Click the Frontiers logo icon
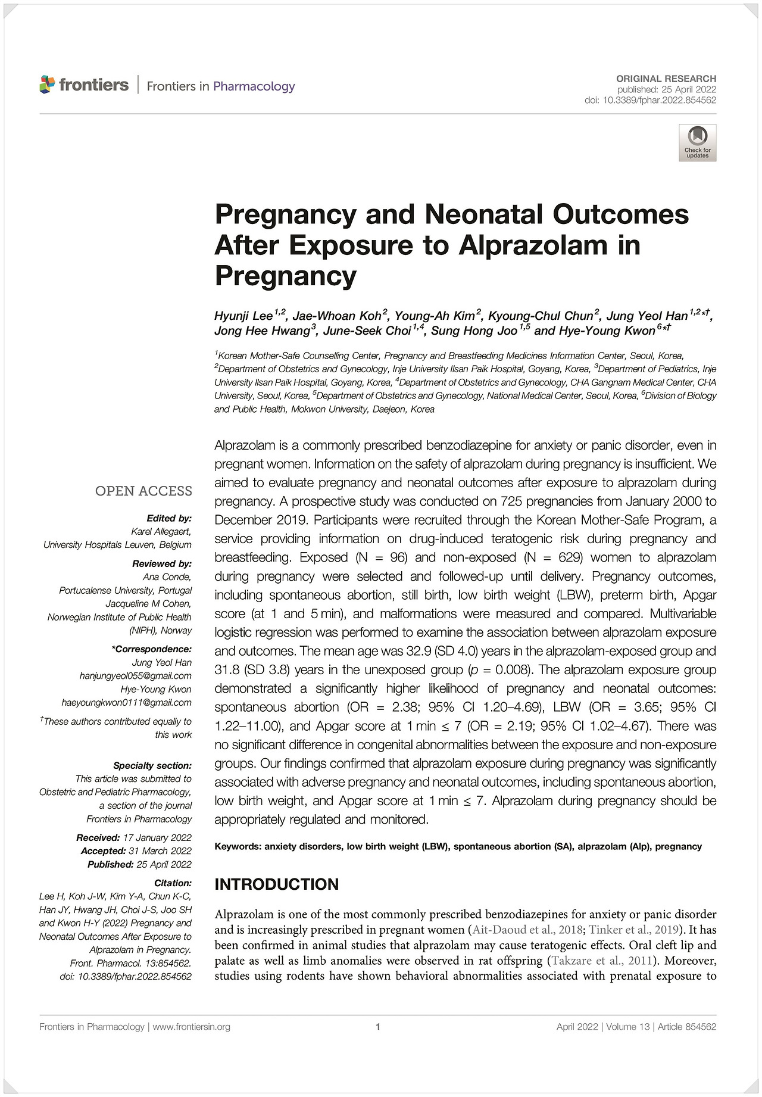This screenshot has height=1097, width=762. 47,85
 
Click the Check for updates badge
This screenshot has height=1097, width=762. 697,143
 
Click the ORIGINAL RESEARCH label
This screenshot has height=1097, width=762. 666,79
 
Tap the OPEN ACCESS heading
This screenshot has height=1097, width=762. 143,491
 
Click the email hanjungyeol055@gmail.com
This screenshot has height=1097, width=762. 136,676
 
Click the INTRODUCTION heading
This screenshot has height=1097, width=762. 276,884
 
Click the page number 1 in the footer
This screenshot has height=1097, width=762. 378,1027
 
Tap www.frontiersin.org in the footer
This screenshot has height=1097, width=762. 192,1027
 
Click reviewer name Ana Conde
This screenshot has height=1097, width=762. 167,577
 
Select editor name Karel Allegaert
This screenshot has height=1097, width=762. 161,531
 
